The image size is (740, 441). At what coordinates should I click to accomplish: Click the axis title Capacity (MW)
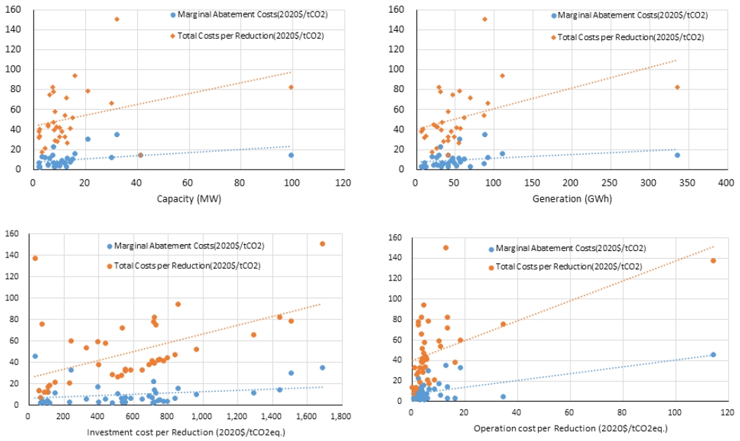(x=189, y=198)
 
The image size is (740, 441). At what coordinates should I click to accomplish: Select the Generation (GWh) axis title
(x=572, y=198)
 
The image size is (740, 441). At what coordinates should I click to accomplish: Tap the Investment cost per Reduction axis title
(x=186, y=432)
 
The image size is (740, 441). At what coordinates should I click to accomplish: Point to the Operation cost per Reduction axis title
(x=570, y=428)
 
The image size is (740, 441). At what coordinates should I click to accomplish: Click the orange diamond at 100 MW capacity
(x=291, y=87)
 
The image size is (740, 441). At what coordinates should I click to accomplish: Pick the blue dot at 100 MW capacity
(x=291, y=155)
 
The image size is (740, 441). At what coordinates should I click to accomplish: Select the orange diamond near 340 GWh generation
(x=677, y=87)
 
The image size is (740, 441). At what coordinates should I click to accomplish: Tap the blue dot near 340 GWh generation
(x=677, y=155)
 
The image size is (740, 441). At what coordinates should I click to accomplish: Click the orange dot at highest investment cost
(x=322, y=244)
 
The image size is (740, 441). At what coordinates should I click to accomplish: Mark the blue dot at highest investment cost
(x=322, y=368)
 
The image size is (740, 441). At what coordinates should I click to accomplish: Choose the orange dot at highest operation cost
(x=713, y=261)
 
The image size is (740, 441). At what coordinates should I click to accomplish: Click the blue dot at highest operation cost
(x=713, y=354)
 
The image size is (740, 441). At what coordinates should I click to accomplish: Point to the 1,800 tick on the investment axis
(x=340, y=416)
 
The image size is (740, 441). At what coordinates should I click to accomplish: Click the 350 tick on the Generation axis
(x=687, y=183)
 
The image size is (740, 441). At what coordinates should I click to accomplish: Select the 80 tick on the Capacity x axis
(x=239, y=183)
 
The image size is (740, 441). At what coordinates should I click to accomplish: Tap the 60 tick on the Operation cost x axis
(x=569, y=412)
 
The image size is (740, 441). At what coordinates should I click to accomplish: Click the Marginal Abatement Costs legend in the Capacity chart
(x=249, y=15)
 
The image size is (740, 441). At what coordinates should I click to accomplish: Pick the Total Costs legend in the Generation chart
(x=627, y=37)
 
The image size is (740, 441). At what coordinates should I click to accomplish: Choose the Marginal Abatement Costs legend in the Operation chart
(x=567, y=248)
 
